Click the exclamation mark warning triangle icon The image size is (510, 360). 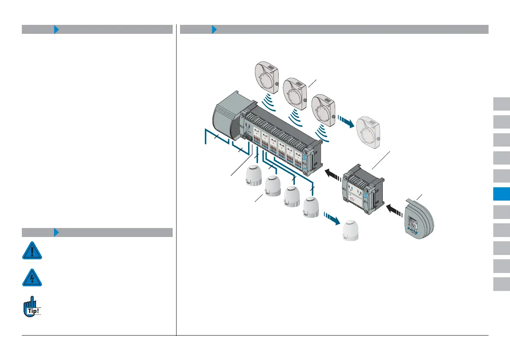coord(32,251)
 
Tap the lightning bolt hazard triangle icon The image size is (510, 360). coord(32,278)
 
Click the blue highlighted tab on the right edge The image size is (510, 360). coord(501,194)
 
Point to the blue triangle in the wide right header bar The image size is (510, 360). coord(215,30)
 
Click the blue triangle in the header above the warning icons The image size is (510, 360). coord(56,233)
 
